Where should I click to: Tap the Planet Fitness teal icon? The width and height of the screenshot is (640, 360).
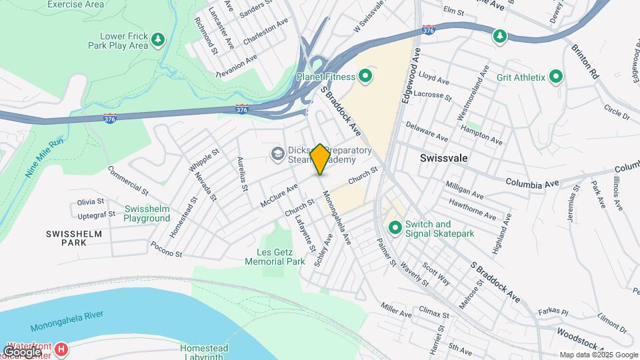pyautogui.click(x=365, y=77)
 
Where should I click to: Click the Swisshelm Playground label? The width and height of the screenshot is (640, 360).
pyautogui.click(x=147, y=213)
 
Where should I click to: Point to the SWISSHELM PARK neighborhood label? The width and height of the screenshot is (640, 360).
pyautogui.click(x=66, y=238)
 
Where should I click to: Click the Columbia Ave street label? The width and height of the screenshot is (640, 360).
pyautogui.click(x=531, y=182)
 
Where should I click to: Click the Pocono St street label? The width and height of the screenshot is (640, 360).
pyautogui.click(x=167, y=249)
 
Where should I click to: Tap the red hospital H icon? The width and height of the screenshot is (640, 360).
pyautogui.click(x=61, y=349)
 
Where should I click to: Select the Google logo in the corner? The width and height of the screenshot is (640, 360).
pyautogui.click(x=22, y=351)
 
